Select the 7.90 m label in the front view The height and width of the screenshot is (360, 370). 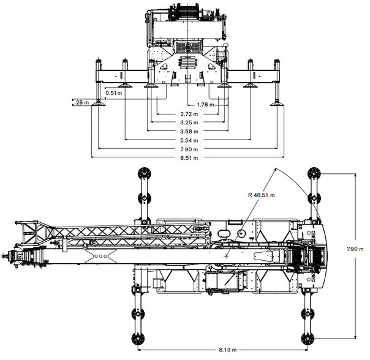point(186,149)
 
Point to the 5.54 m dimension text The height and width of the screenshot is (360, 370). point(186,140)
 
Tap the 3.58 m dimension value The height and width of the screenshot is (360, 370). point(186,132)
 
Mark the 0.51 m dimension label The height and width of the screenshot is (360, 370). point(115,93)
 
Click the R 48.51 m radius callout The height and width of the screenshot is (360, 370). point(262,195)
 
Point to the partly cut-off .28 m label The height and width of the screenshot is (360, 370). point(80,102)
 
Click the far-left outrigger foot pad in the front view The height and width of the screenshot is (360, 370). point(96,105)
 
